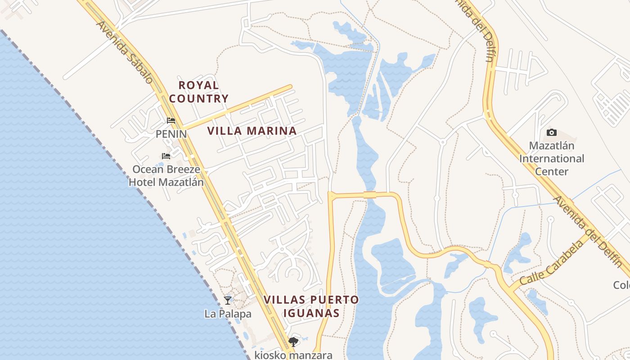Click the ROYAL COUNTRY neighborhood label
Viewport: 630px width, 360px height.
pyautogui.click(x=198, y=91)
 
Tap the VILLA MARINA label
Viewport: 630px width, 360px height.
pyautogui.click(x=252, y=131)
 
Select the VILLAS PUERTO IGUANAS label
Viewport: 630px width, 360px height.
pyautogui.click(x=311, y=306)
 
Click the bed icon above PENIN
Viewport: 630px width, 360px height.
pyautogui.click(x=171, y=121)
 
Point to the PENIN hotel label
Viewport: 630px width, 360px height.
pyautogui.click(x=171, y=134)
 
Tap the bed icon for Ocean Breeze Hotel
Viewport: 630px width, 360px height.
pyautogui.click(x=166, y=156)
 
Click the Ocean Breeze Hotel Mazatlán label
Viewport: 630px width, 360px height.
pyautogui.click(x=166, y=175)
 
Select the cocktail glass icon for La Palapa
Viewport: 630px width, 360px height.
pyautogui.click(x=228, y=300)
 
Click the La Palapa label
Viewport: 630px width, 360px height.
pyautogui.click(x=228, y=314)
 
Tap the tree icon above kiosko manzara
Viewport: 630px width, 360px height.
pyautogui.click(x=293, y=342)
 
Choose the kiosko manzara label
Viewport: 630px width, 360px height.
pyautogui.click(x=293, y=355)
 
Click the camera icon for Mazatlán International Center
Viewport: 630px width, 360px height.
pyautogui.click(x=551, y=132)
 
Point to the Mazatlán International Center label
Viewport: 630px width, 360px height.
pyautogui.click(x=551, y=158)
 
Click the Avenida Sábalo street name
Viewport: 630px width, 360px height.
pyautogui.click(x=125, y=52)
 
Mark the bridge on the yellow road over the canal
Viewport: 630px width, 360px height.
pyautogui.click(x=369, y=195)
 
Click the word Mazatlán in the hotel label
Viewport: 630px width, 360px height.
pyautogui.click(x=182, y=182)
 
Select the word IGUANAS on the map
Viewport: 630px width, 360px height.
pyautogui.click(x=311, y=313)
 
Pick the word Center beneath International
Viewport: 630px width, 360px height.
pyautogui.click(x=551, y=171)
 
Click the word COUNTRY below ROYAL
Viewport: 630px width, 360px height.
pyautogui.click(x=198, y=98)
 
